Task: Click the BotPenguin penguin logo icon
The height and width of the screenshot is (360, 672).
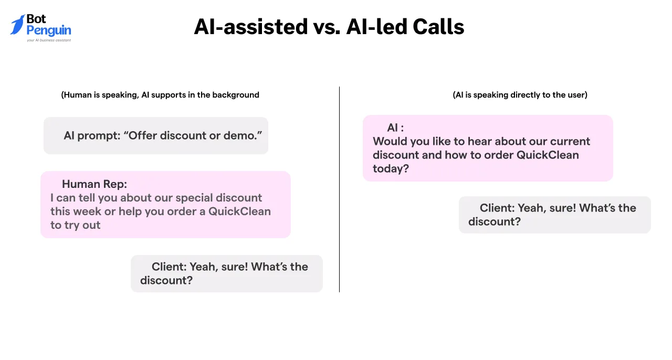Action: (x=17, y=25)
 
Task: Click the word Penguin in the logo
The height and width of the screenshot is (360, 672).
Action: (x=49, y=30)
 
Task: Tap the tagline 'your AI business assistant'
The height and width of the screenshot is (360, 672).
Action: (x=49, y=40)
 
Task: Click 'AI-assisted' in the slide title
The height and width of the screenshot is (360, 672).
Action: (x=250, y=27)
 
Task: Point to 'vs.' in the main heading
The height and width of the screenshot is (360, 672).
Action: (x=327, y=27)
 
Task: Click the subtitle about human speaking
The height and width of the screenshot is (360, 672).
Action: (x=160, y=95)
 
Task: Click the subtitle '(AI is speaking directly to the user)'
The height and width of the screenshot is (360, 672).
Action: (x=520, y=95)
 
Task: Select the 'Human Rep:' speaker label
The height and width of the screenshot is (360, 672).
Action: (x=94, y=184)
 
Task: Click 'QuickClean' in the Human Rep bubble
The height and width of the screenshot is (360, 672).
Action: (x=239, y=211)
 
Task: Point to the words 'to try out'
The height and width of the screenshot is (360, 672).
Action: (x=76, y=225)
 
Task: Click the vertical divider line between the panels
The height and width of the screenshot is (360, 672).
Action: (x=339, y=189)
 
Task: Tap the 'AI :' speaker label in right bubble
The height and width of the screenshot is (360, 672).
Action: (x=395, y=128)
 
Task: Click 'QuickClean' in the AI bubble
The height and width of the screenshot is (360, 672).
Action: (x=548, y=155)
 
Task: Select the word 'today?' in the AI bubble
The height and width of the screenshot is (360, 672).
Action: (x=391, y=168)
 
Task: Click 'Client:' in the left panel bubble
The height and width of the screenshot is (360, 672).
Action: (x=169, y=267)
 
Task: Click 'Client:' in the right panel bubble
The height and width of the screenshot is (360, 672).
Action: (x=497, y=208)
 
